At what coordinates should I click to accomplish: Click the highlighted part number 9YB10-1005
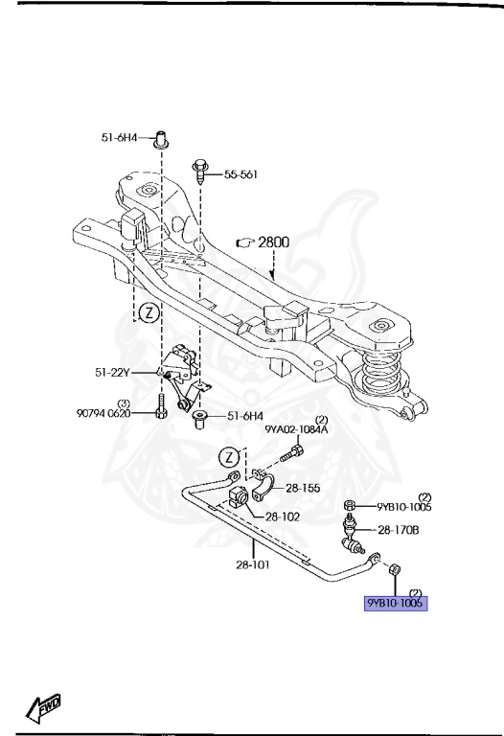[x=396, y=603]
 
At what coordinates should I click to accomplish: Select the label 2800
[x=274, y=242]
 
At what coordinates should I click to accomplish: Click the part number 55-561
[x=241, y=174]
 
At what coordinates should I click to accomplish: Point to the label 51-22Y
[x=112, y=373]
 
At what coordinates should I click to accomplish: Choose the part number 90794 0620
[x=103, y=414]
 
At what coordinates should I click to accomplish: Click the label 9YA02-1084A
[x=296, y=429]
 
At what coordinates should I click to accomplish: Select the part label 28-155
[x=303, y=488]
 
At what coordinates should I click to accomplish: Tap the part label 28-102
[x=282, y=517]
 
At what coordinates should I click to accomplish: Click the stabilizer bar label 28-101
[x=253, y=564]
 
